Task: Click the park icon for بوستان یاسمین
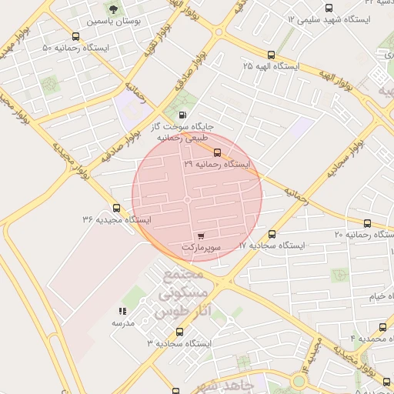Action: [x=113, y=9]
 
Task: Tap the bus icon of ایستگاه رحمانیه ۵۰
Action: [x=75, y=36]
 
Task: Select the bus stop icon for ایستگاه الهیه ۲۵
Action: [x=271, y=55]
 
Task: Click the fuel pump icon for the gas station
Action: [x=182, y=115]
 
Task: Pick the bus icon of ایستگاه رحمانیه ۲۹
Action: [x=217, y=152]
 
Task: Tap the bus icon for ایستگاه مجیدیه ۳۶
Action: [x=116, y=208]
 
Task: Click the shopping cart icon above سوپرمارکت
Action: [x=201, y=235]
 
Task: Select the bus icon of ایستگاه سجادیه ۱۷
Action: [x=271, y=234]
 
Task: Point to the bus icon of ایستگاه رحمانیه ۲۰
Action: [x=367, y=223]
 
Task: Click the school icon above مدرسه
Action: [x=122, y=312]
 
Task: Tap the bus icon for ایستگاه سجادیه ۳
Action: [x=179, y=332]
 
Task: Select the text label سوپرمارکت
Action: [x=202, y=249]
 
